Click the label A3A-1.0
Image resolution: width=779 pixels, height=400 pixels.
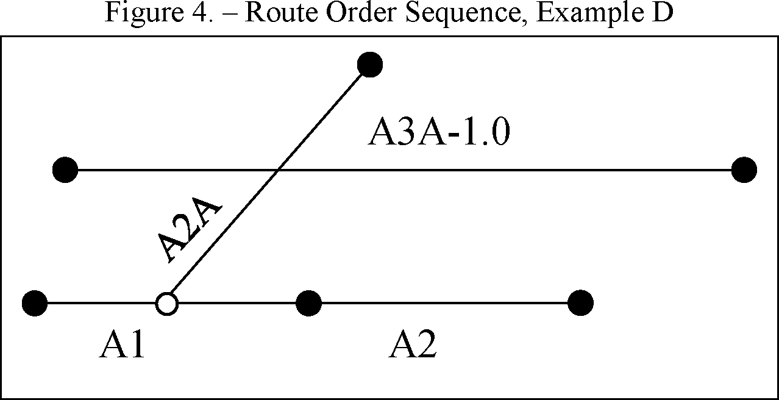coord(438,134)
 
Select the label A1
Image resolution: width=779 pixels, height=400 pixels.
coord(122,346)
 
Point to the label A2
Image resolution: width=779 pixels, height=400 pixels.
coord(413,346)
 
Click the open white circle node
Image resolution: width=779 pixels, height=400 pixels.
coord(166,302)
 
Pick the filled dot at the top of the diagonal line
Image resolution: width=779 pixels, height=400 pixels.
coord(369,63)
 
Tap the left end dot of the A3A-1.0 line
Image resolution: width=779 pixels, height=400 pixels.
coord(65,170)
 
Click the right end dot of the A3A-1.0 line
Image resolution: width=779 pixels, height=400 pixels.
coord(744,170)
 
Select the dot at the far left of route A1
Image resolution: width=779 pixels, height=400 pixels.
coord(35,302)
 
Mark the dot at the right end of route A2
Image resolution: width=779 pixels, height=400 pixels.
coord(580,302)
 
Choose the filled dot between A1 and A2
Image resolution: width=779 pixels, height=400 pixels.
coord(308,302)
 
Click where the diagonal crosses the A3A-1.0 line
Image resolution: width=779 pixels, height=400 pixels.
coord(277,170)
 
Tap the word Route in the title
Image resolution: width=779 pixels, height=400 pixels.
coord(277,13)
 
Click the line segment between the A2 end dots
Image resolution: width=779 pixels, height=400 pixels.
coord(444,302)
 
